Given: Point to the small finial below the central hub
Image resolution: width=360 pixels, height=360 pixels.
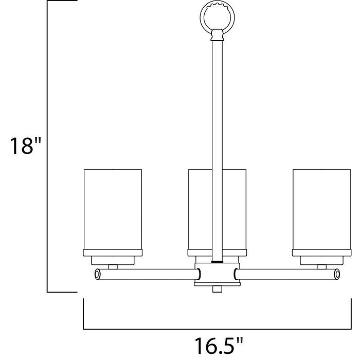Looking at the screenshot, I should (x=217, y=289).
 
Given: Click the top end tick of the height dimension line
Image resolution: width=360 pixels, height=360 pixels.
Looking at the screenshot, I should (x=62, y=2).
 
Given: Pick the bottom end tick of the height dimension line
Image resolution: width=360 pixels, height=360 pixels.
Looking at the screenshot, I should (x=62, y=292).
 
